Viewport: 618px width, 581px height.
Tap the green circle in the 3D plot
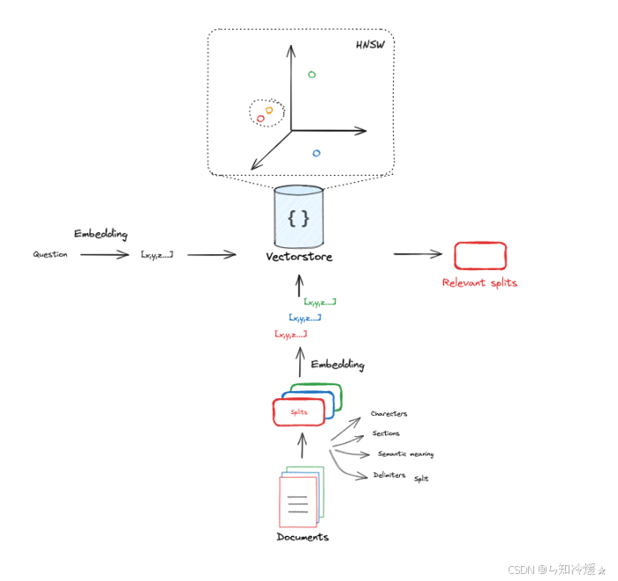point(312,75)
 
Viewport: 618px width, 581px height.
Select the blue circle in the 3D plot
point(316,153)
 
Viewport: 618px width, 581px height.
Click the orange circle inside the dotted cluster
point(269,110)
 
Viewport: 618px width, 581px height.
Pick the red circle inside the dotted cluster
point(260,118)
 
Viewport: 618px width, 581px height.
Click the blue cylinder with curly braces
point(298,217)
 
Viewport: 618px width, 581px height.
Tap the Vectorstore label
point(298,257)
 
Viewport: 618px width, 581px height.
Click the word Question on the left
point(50,254)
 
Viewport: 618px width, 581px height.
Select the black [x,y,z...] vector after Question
point(156,254)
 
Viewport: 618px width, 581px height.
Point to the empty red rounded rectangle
point(479,255)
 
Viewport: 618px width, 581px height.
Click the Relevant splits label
point(479,283)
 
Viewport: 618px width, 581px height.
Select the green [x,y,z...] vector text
point(320,302)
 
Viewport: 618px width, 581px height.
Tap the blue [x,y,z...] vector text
point(305,317)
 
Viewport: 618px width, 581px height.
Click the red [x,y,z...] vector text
point(290,334)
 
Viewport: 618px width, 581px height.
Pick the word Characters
point(388,413)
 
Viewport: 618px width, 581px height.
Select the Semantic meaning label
point(405,454)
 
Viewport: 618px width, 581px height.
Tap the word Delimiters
point(388,475)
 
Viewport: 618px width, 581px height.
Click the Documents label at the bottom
point(302,537)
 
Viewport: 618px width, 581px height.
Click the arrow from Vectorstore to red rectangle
point(417,254)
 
